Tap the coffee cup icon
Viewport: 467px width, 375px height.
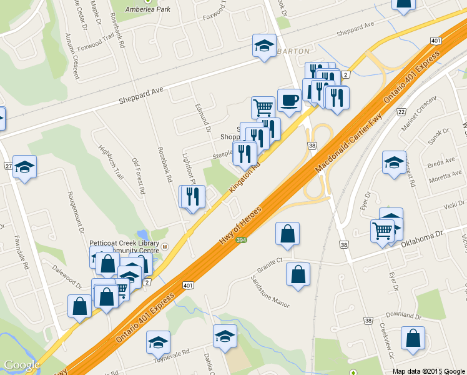(x=289, y=100)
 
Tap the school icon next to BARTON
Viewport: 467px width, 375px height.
(x=264, y=46)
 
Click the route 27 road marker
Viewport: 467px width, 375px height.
(x=8, y=166)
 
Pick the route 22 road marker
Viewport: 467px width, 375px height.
(x=401, y=111)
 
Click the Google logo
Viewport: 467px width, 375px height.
(x=22, y=365)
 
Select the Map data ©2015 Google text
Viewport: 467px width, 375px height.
(x=428, y=371)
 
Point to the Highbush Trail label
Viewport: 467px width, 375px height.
(x=111, y=162)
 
